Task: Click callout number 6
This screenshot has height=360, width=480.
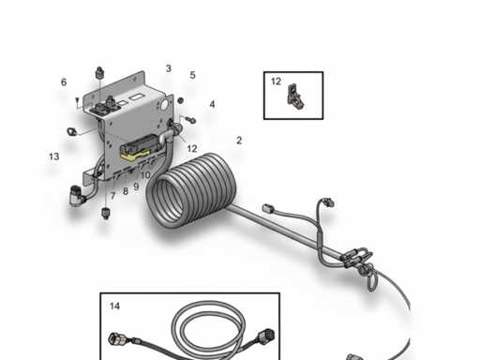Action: (x=64, y=82)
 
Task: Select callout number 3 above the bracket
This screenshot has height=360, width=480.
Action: (x=169, y=68)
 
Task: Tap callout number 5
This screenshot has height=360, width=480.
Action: (x=192, y=75)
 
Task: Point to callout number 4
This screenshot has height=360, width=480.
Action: (x=212, y=105)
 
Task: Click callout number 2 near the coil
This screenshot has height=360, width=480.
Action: (x=239, y=141)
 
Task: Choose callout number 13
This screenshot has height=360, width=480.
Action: (x=54, y=157)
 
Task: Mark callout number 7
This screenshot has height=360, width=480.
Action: (x=112, y=195)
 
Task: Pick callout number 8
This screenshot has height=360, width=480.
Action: (x=125, y=191)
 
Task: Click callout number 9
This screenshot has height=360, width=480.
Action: (x=136, y=187)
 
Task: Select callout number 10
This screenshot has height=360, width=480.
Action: (x=145, y=175)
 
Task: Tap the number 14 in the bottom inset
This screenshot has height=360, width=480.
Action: (x=114, y=307)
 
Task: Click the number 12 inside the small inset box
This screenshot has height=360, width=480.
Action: (x=277, y=82)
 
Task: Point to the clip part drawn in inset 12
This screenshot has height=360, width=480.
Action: (x=297, y=97)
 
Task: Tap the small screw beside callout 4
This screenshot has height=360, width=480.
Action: (x=190, y=118)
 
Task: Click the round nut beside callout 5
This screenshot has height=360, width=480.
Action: (x=180, y=100)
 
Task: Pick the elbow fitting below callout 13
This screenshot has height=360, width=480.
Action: (x=76, y=196)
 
